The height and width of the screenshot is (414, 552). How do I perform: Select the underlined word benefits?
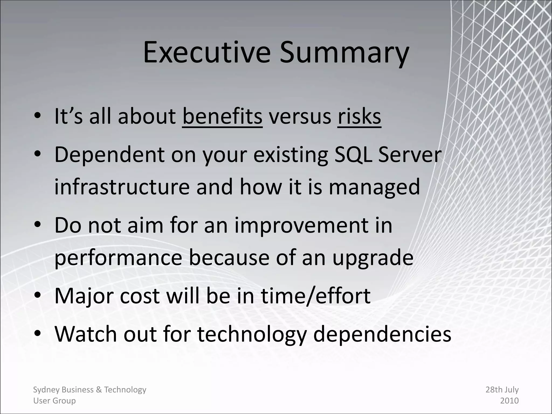[222, 116]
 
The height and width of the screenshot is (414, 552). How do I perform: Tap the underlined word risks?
[359, 116]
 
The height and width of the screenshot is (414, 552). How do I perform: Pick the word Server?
[410, 155]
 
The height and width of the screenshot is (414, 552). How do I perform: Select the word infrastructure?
[122, 187]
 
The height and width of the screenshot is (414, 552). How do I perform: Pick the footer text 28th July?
[502, 390]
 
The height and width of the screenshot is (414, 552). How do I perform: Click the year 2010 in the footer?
[509, 401]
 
